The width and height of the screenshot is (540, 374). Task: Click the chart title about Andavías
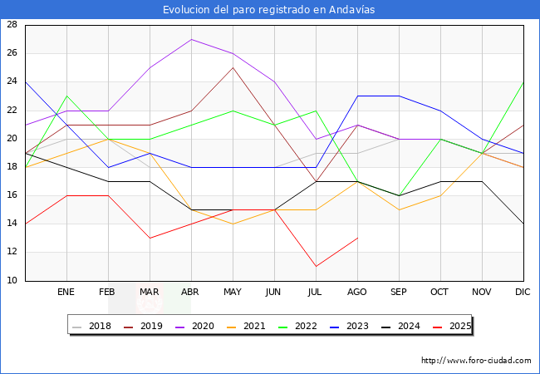tap(270, 9)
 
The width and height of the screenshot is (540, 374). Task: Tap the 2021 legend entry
tap(253, 327)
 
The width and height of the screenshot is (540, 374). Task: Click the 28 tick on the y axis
tap(12, 25)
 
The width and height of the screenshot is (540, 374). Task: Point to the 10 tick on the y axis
tap(12, 281)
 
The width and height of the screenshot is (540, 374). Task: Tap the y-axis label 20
tap(12, 139)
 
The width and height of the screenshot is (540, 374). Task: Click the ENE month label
tap(66, 293)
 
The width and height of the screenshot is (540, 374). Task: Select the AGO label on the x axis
tap(357, 293)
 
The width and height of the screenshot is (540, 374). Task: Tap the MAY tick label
tap(233, 293)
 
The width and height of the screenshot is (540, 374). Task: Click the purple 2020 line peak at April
tap(191, 39)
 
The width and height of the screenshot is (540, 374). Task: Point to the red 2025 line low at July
tap(316, 266)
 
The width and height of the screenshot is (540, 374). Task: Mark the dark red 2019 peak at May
tap(233, 67)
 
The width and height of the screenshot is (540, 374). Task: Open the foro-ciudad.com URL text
tap(476, 361)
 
